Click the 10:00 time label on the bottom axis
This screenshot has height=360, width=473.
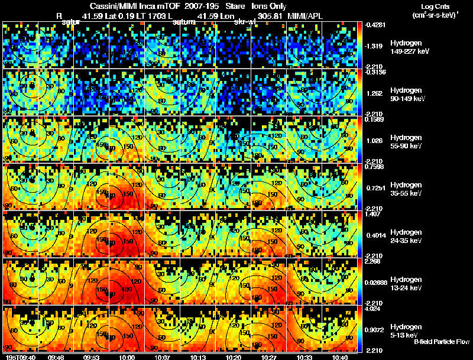click(127, 357)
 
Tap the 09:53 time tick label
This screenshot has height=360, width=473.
click(90, 357)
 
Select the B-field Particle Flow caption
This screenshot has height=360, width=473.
click(442, 342)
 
